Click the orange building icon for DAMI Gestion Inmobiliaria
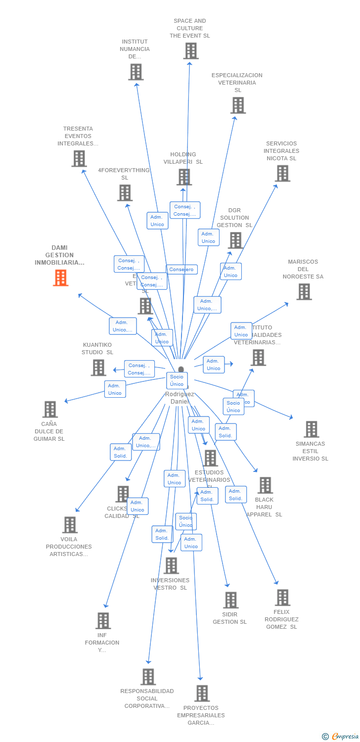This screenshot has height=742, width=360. tap(60, 278)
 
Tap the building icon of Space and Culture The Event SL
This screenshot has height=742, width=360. tap(190, 51)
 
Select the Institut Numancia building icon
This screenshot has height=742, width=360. tap(135, 72)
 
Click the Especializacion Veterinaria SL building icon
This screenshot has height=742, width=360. tap(238, 105)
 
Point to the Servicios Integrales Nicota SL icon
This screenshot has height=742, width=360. tap(282, 174)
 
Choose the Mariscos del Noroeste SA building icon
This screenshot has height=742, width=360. tap(304, 292)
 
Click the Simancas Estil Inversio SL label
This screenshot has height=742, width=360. tap(310, 451)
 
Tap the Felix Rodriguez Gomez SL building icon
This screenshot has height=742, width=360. tap(282, 598)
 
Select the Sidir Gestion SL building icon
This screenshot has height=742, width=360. tap(230, 600)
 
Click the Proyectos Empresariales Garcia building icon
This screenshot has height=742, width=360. tap(202, 694)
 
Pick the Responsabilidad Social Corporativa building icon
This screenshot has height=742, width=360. tap(148, 677)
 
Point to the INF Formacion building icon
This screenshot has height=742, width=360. tap(103, 621)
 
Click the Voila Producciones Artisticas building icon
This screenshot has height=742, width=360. tap(70, 525)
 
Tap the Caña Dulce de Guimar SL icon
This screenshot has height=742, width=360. tap(50, 410)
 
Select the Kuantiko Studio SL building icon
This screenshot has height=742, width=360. tap(98, 368)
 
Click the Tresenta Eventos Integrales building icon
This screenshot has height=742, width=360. tap(79, 159)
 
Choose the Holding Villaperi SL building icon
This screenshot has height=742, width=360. tap(184, 177)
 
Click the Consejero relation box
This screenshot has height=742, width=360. tap(181, 270)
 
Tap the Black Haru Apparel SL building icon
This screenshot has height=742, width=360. tap(265, 485)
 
